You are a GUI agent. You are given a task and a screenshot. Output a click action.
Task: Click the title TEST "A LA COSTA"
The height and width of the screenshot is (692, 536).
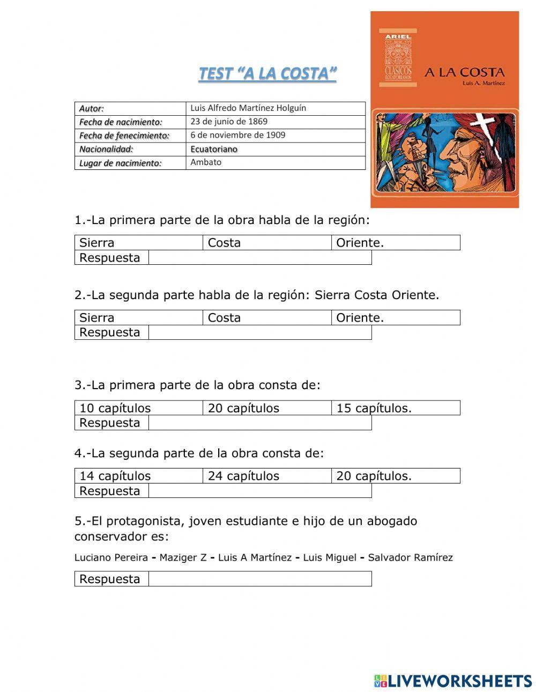pyautogui.click(x=267, y=73)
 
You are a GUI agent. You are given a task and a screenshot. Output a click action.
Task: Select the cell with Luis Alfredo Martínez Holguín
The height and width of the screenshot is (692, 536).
pyautogui.click(x=248, y=108)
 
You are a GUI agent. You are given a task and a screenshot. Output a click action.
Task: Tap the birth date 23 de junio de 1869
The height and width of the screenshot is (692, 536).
pyautogui.click(x=229, y=122)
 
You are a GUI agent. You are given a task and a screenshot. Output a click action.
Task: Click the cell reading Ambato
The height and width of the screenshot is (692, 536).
pyautogui.click(x=206, y=162)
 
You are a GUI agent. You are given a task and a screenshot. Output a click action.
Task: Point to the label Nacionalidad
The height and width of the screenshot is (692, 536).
pyautogui.click(x=106, y=150)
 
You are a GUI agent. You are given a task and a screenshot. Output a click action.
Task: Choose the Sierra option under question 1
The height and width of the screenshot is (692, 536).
pyautogui.click(x=97, y=243)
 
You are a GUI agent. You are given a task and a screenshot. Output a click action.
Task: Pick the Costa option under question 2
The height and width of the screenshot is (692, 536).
pyautogui.click(x=224, y=318)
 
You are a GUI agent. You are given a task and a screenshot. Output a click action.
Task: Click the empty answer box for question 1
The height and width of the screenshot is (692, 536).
pyautogui.click(x=259, y=258)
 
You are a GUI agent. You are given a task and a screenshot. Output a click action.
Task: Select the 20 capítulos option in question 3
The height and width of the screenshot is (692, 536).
pyautogui.click(x=243, y=408)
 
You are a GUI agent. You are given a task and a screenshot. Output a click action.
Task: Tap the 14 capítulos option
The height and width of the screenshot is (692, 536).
pyautogui.click(x=115, y=476)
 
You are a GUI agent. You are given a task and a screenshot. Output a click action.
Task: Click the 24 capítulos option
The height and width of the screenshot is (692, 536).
pyautogui.click(x=243, y=476)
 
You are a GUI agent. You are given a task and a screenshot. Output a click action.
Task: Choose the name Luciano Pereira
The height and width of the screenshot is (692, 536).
pyautogui.click(x=111, y=557)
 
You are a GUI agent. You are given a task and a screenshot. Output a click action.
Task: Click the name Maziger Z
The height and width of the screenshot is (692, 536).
pyautogui.click(x=183, y=557)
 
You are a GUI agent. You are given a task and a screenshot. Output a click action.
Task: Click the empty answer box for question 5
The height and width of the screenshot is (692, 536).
pyautogui.click(x=259, y=579)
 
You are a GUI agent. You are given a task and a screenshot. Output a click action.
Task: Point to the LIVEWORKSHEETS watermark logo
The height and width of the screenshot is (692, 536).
pyautogui.click(x=453, y=681)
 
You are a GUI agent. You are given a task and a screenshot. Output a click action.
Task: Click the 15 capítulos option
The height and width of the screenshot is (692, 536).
pyautogui.click(x=374, y=408)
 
